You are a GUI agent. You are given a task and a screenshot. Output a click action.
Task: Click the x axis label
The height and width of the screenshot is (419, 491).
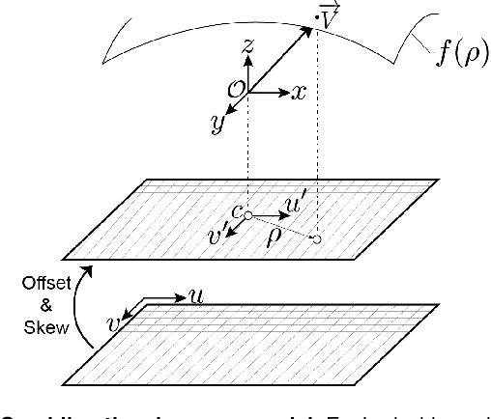click(x=300, y=93)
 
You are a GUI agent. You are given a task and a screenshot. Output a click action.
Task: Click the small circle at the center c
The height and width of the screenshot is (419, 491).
click(x=248, y=215)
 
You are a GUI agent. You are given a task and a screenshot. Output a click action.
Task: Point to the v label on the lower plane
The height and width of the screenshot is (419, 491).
click(x=114, y=325)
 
